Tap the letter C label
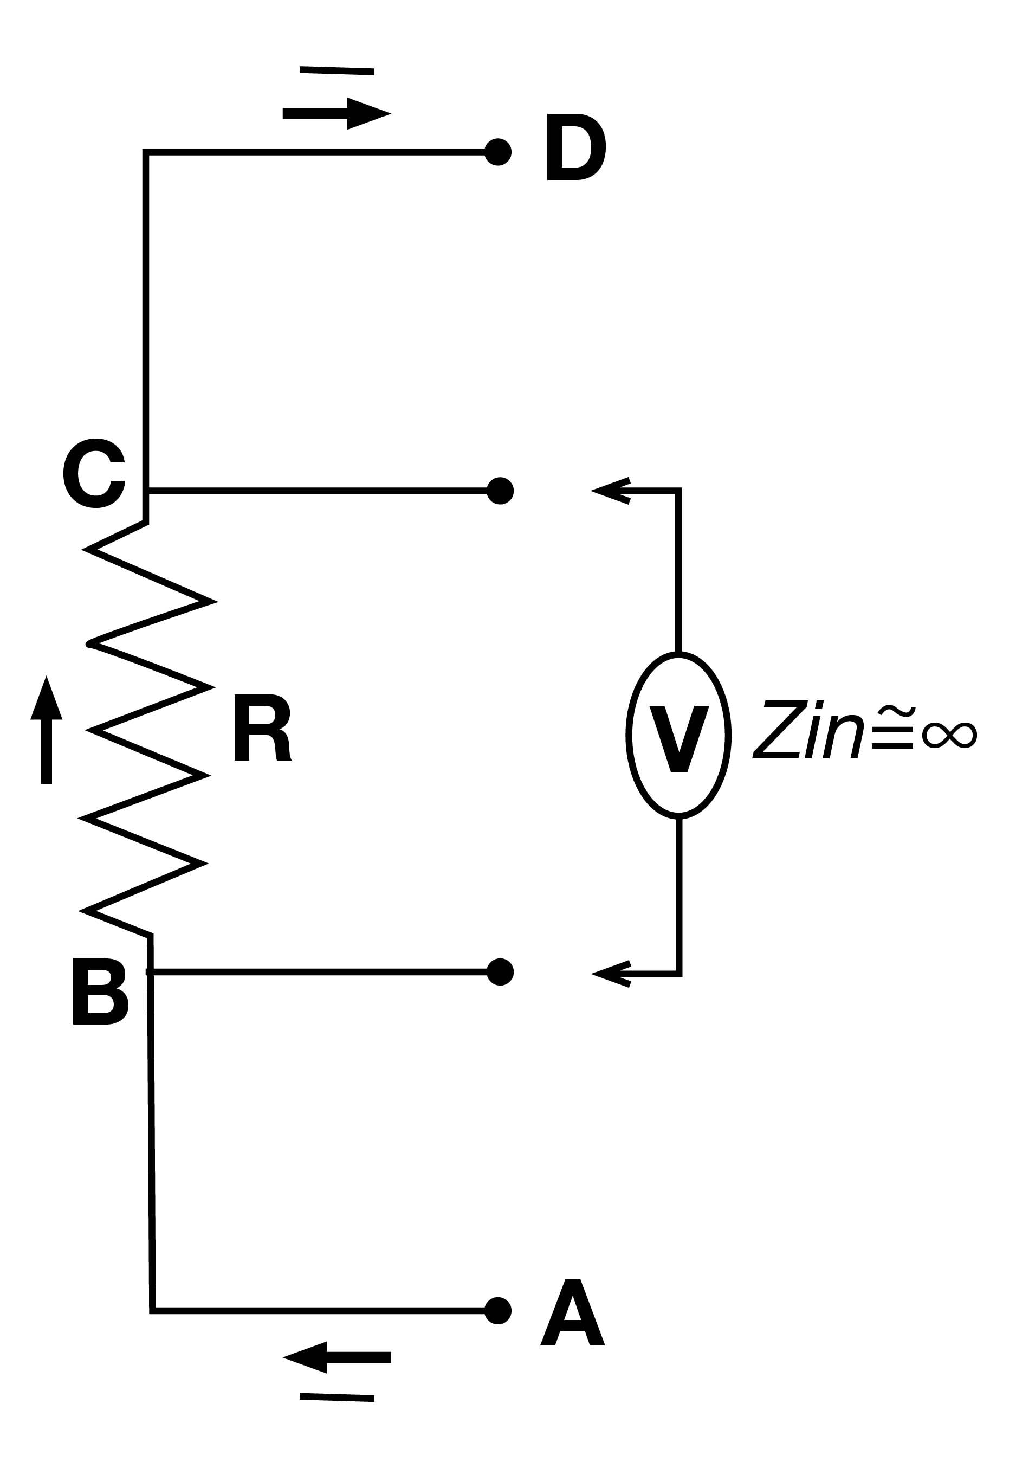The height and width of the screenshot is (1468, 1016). [x=95, y=474]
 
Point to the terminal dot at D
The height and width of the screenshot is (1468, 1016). [x=498, y=152]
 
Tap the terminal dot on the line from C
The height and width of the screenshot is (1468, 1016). [x=500, y=491]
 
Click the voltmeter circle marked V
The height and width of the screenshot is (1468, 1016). [x=678, y=735]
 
